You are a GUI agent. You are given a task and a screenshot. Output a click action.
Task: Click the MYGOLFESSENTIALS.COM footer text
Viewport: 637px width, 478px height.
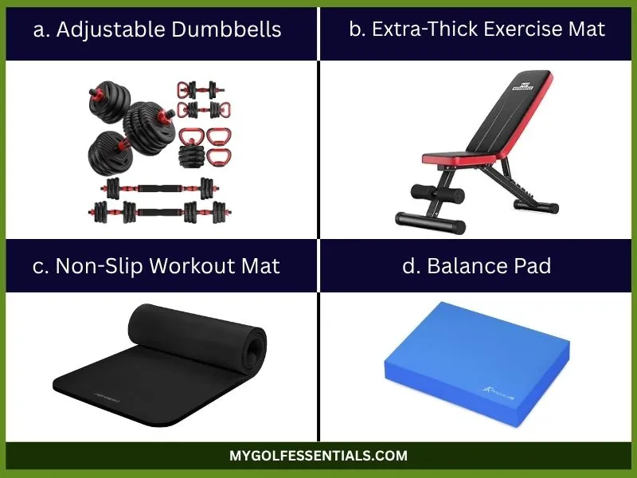(318, 456)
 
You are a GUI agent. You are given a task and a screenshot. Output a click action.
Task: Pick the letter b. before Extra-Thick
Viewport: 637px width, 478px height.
(356, 29)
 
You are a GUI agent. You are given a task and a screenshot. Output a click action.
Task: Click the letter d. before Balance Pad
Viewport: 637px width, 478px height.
(410, 265)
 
